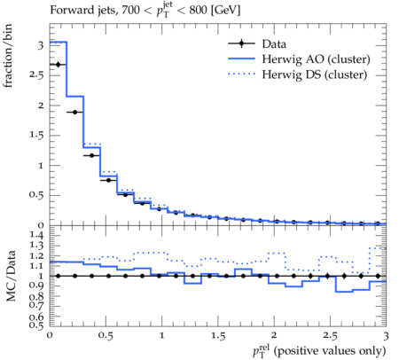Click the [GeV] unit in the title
[225, 11]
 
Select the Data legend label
[274, 44]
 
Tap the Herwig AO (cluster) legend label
[316, 59]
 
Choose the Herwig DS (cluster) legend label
[315, 74]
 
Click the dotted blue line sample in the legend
[241, 74]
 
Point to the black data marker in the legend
[241, 43]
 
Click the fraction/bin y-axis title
[8, 56]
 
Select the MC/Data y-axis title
[11, 276]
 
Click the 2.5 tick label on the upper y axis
[36, 75]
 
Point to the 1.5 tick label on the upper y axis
[36, 135]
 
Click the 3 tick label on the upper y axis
[41, 45]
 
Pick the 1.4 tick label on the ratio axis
[36, 235]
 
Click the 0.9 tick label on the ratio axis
[36, 286]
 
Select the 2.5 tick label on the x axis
[330, 336]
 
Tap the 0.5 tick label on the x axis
[106, 336]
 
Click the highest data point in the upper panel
[58, 65]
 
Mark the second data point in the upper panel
[74, 113]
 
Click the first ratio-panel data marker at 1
[58, 276]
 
